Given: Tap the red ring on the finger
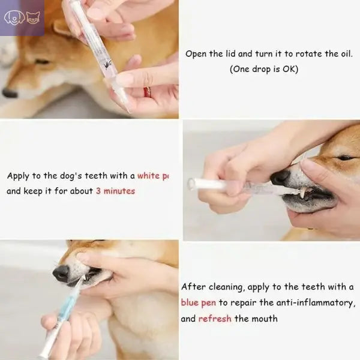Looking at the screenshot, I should pyautogui.click(x=147, y=92).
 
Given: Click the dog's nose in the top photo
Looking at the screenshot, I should pyautogui.click(x=10, y=92).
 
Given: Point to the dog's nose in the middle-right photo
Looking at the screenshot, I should pyautogui.click(x=280, y=177).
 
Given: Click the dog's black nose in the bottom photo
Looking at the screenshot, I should pyautogui.click(x=61, y=273).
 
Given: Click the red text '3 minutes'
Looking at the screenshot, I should pyautogui.click(x=115, y=191).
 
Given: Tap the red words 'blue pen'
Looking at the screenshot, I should pyautogui.click(x=198, y=302).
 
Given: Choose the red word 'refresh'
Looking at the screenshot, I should pyautogui.click(x=215, y=318).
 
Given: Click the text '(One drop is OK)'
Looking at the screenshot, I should pyautogui.click(x=264, y=69).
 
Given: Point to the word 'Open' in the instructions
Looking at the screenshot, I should pyautogui.click(x=196, y=53).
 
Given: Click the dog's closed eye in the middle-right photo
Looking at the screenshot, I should pyautogui.click(x=345, y=158).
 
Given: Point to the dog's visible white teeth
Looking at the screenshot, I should pyautogui.click(x=304, y=193).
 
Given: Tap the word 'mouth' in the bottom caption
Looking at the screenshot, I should pyautogui.click(x=265, y=318).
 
